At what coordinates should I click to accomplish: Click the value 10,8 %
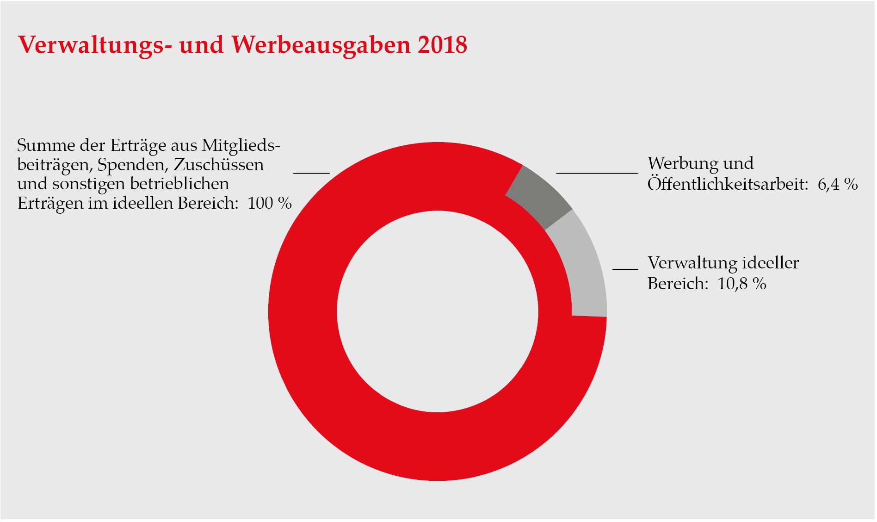[741, 284]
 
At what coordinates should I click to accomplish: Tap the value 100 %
[270, 203]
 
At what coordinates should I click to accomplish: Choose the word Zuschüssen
[219, 165]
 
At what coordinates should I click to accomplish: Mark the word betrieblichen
[179, 184]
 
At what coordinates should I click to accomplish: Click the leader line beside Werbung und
[597, 173]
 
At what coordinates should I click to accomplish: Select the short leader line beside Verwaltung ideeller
[625, 268]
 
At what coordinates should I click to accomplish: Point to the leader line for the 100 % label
[311, 173]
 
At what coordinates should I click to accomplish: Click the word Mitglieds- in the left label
[241, 146]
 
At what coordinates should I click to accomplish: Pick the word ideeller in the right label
[770, 263]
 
